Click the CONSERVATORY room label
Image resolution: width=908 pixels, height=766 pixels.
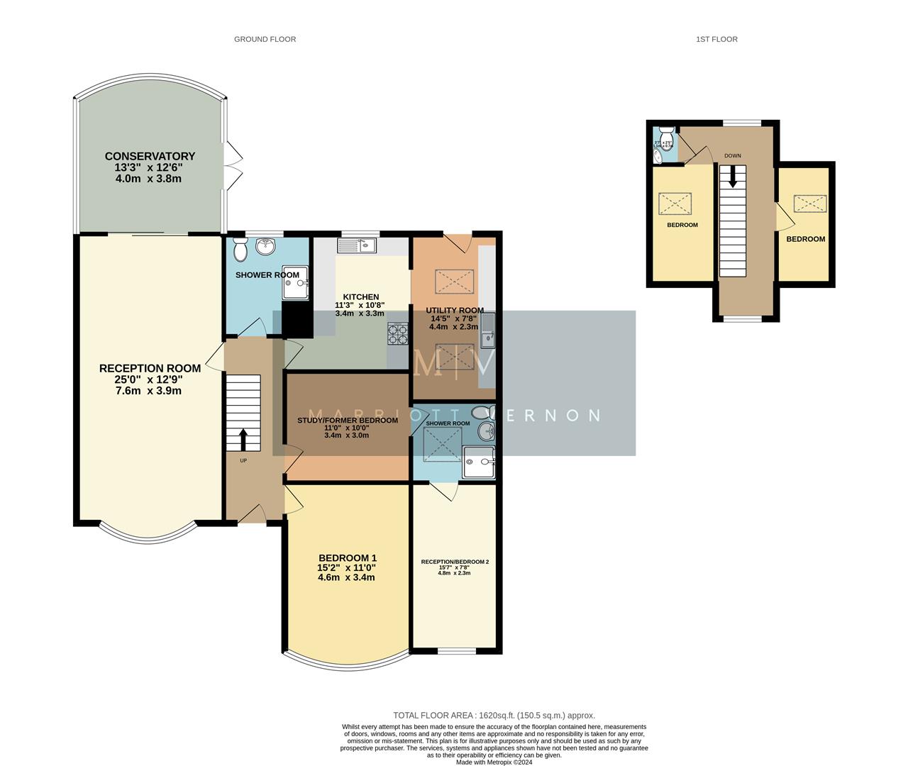click(150, 156)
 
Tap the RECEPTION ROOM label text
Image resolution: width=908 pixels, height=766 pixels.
click(150, 368)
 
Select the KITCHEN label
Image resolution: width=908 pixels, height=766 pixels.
click(361, 296)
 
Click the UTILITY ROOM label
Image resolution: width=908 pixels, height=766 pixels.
click(455, 310)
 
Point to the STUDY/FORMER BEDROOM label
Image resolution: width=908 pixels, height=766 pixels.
click(347, 420)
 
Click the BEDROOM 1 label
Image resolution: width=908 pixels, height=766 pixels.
click(347, 557)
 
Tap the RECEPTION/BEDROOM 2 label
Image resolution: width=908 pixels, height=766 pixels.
click(455, 562)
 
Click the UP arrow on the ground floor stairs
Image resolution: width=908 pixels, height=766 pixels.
click(243, 440)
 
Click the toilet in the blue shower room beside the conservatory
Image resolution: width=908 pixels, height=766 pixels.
click(240, 249)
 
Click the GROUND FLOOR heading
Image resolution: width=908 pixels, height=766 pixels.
click(265, 39)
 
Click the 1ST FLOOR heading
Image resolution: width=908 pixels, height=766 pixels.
click(716, 39)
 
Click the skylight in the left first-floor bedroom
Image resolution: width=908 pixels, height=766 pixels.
click(675, 204)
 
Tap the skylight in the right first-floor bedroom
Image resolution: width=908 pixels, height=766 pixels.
click(809, 204)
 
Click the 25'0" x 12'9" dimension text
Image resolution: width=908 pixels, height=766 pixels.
click(150, 379)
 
